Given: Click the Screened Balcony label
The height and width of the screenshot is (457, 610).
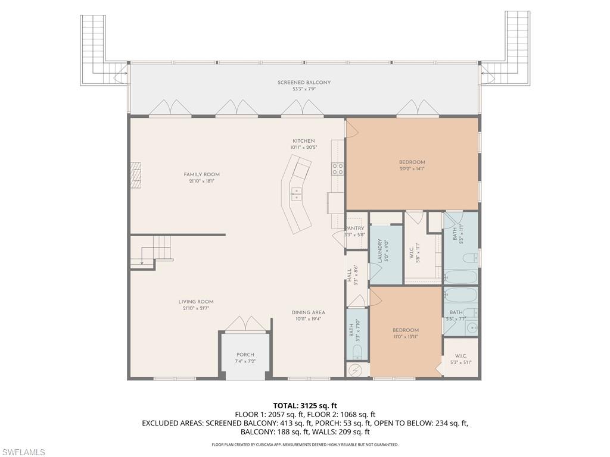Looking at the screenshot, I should (x=304, y=83).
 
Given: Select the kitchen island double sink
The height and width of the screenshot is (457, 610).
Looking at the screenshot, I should (x=296, y=192).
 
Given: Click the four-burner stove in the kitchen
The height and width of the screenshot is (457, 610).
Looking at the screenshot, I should (x=338, y=168).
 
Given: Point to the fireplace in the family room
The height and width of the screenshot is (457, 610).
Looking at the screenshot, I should (x=137, y=176).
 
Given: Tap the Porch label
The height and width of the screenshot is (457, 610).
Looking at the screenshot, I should (x=245, y=355).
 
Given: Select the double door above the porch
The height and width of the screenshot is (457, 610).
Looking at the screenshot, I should (x=245, y=324).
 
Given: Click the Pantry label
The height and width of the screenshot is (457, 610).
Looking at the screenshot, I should (x=356, y=228).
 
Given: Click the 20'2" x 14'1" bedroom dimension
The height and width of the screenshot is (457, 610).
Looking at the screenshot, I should (x=412, y=169).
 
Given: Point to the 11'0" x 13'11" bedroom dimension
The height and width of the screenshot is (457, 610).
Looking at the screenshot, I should (x=405, y=337).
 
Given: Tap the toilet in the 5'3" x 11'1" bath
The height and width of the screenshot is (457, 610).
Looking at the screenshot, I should (x=469, y=258).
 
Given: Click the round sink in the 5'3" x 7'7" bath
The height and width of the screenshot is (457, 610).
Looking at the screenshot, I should (x=471, y=327).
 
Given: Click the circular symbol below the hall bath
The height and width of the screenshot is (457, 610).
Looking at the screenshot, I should (x=356, y=370).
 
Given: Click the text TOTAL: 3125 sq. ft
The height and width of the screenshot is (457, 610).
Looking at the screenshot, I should (x=304, y=405).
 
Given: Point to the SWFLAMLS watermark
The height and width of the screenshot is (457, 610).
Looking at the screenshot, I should (x=24, y=452).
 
